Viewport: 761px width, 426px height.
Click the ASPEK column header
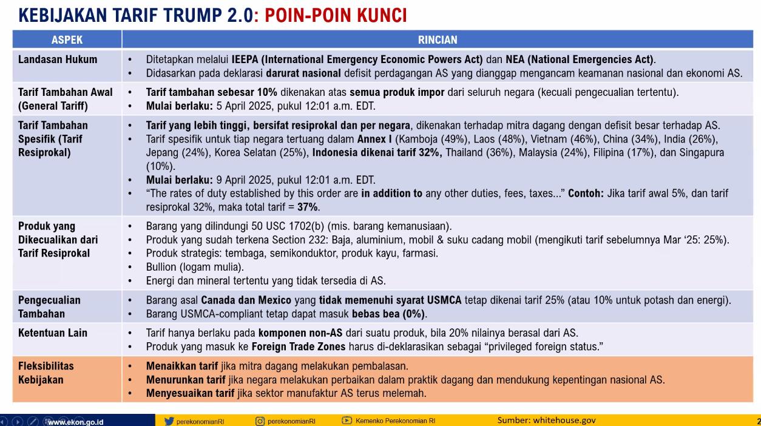pyautogui.click(x=67, y=40)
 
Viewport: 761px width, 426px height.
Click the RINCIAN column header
pyautogui.click(x=438, y=40)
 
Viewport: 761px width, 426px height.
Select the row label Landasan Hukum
pyautogui.click(x=58, y=59)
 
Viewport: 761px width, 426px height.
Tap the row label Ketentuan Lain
pyautogui.click(x=53, y=333)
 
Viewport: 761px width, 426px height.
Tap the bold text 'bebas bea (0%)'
pyautogui.click(x=388, y=314)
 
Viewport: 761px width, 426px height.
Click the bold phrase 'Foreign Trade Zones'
pyautogui.click(x=299, y=347)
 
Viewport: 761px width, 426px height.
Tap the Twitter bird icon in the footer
pyautogui.click(x=169, y=421)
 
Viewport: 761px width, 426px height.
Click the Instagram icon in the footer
pyautogui.click(x=260, y=421)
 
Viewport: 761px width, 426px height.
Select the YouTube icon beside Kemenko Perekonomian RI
pyautogui.click(x=347, y=421)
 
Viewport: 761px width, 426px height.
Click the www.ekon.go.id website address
pyautogui.click(x=75, y=421)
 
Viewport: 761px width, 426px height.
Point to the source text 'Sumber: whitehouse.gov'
pyautogui.click(x=546, y=420)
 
